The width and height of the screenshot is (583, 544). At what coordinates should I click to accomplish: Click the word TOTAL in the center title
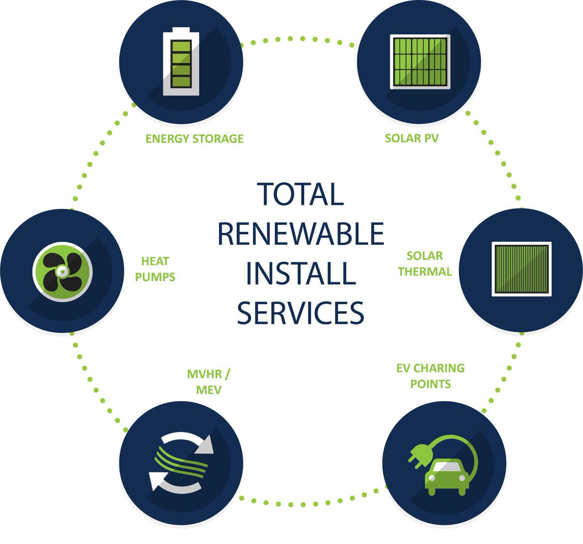click(300, 194)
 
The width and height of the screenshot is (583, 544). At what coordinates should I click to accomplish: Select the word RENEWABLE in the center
click(301, 234)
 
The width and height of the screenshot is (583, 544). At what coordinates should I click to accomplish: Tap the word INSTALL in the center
click(301, 273)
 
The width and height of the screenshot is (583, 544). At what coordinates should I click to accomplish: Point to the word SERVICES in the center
click(301, 313)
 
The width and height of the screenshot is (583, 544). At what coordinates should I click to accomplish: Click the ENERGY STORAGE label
click(194, 138)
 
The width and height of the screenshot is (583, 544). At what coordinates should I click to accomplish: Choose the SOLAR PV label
click(412, 138)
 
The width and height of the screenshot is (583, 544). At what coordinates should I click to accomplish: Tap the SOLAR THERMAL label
click(425, 264)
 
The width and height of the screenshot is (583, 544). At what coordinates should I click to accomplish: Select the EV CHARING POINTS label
click(430, 376)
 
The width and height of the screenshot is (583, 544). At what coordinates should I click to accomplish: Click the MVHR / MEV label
click(209, 382)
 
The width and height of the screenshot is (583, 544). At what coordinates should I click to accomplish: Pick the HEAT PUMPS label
click(155, 269)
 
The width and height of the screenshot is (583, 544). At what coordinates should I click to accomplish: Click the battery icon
click(181, 61)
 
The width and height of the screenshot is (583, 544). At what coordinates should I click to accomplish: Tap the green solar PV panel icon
click(420, 62)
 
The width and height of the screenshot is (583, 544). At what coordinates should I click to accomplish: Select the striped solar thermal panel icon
click(521, 269)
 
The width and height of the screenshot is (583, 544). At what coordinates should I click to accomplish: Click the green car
click(447, 477)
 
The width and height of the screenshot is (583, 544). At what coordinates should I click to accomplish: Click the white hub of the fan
click(62, 272)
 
